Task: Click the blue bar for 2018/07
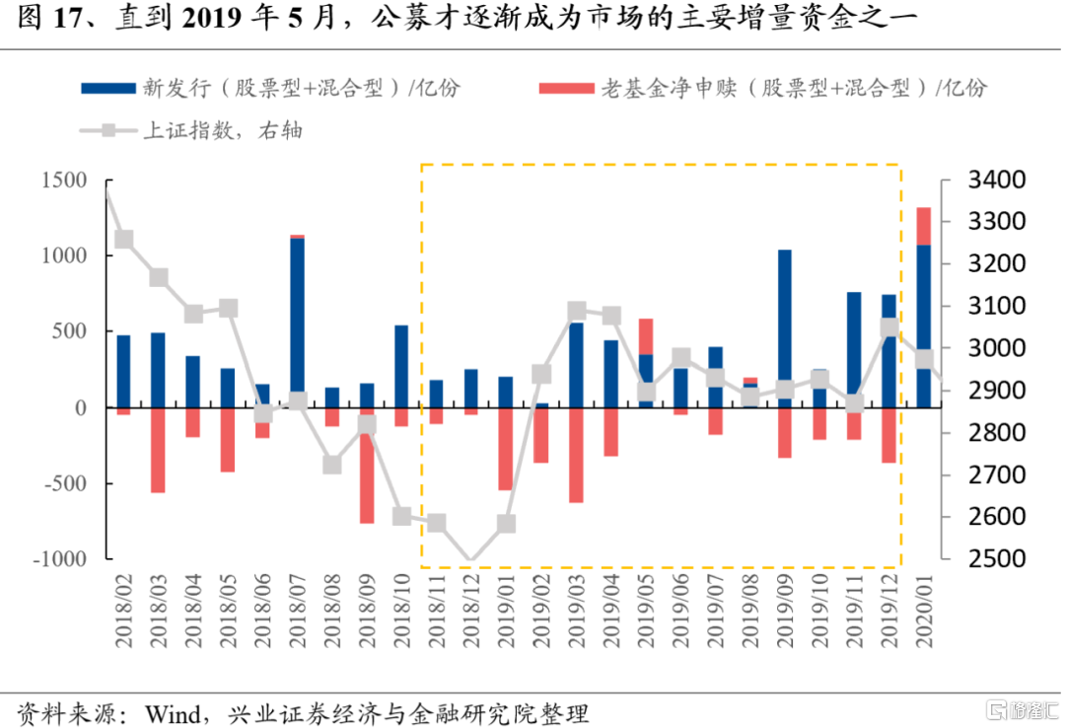297,323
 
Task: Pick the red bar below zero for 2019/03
576,456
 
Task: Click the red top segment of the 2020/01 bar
924,226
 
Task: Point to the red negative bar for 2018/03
158,450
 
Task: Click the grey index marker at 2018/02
123,240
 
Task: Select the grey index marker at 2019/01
506,524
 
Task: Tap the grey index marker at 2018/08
332,465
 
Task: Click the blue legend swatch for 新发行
108,89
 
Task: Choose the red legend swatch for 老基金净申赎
566,89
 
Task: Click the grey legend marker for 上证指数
108,130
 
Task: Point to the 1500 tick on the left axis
64,181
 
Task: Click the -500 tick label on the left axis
66,483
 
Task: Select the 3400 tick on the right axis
996,181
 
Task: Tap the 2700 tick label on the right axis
996,474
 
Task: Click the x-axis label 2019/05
646,610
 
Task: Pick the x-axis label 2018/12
471,610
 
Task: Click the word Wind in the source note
173,714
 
